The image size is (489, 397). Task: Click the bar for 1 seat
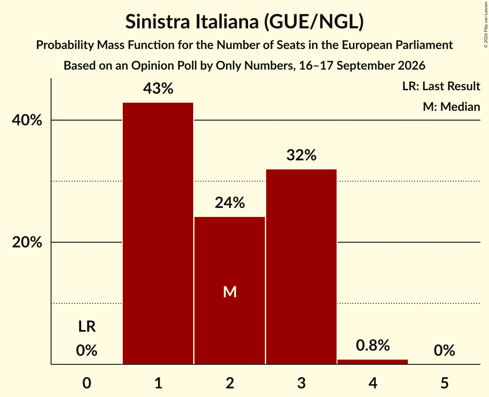pos(158,233)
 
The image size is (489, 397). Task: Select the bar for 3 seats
pos(301,266)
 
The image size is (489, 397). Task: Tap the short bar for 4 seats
pos(373,362)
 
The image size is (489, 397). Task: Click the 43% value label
pos(158,89)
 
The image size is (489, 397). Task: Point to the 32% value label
pos(301,155)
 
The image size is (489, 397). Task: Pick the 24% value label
pos(230,203)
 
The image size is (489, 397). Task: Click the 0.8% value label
pos(373,345)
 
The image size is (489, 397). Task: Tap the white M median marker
pos(230,292)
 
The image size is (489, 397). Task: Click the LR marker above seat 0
pos(87,327)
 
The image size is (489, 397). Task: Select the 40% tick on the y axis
pos(27,120)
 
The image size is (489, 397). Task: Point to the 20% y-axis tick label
pos(27,242)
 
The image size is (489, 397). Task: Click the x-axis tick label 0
pos(87,383)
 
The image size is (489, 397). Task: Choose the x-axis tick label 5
pos(444,383)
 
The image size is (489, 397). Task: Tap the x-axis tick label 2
pos(230,383)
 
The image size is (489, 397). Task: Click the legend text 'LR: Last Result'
pos(441,86)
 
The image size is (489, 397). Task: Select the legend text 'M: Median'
pos(451,107)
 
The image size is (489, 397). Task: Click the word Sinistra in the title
pos(158,21)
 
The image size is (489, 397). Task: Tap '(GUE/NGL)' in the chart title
pos(314,22)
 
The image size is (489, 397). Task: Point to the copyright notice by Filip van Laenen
pos(486,24)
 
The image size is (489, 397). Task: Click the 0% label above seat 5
pos(444,351)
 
